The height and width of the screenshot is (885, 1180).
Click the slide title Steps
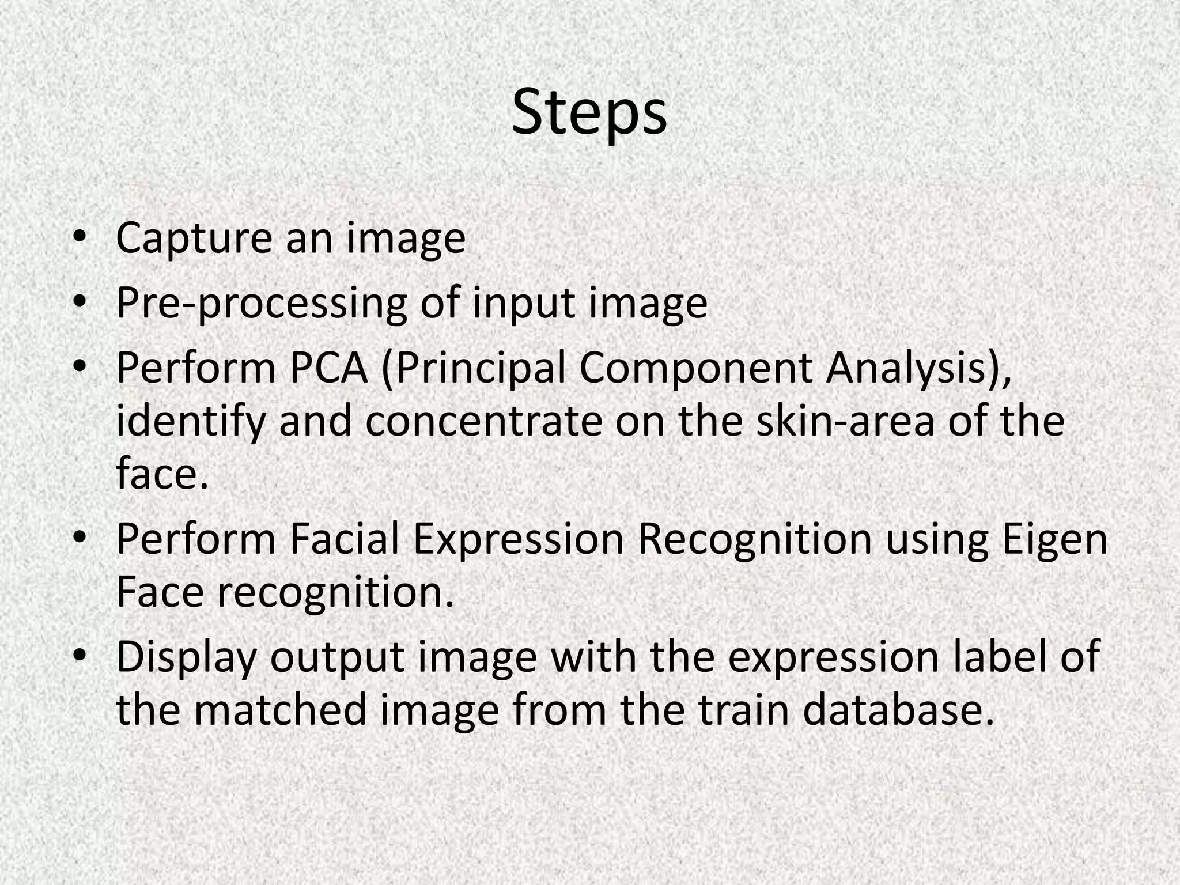coord(589,114)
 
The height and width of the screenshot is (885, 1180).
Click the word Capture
coord(194,239)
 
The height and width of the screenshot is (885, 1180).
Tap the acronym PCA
coord(328,368)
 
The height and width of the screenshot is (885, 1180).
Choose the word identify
coord(191,422)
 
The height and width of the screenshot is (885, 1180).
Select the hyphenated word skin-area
coord(845,422)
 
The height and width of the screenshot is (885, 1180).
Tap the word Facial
coord(344,540)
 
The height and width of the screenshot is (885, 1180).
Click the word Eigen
coord(1055,540)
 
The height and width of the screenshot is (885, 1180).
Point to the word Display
coord(186,657)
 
